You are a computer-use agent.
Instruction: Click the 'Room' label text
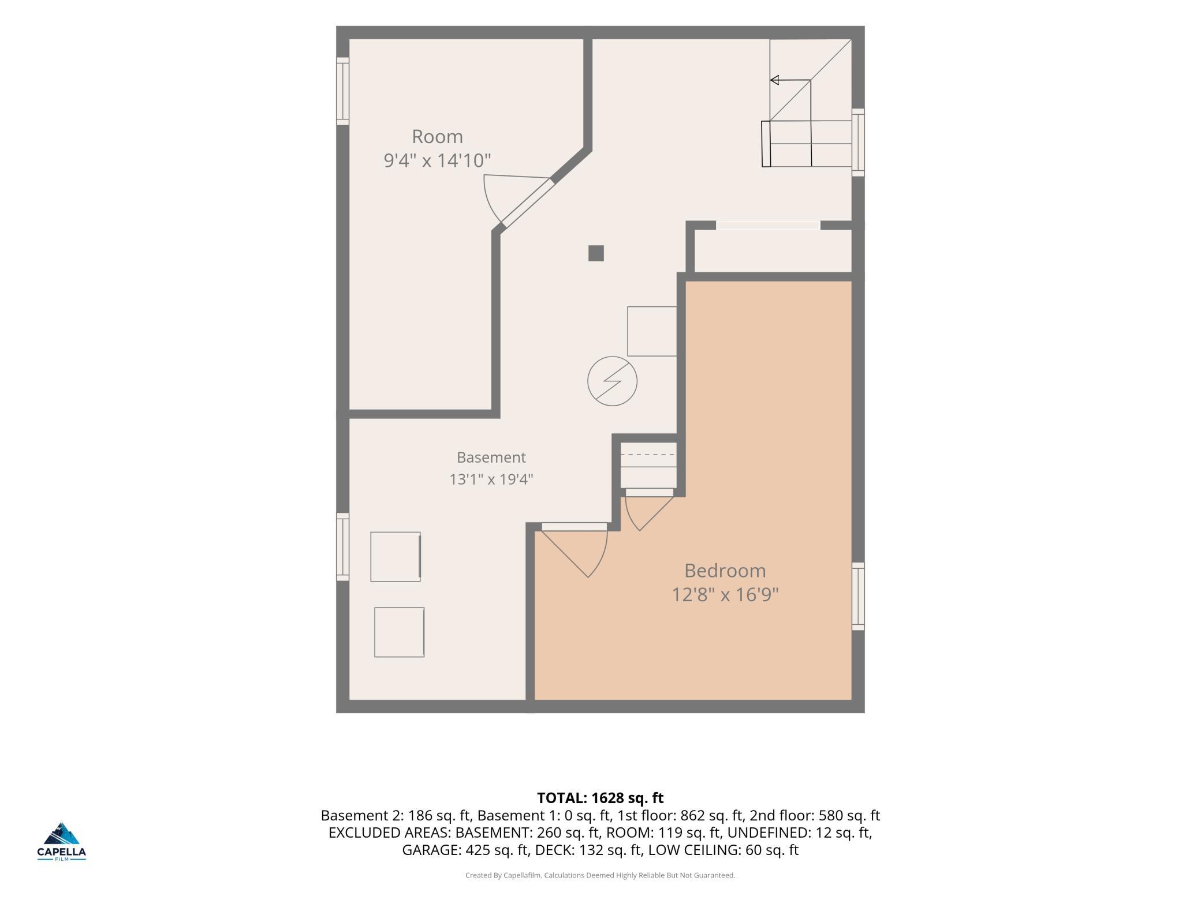pyautogui.click(x=437, y=137)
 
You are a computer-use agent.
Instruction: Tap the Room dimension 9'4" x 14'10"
pyautogui.click(x=437, y=160)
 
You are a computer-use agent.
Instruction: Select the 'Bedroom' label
pyautogui.click(x=725, y=571)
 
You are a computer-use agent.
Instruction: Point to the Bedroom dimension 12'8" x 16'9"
pyautogui.click(x=725, y=594)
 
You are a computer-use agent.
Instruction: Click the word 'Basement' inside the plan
pyautogui.click(x=491, y=457)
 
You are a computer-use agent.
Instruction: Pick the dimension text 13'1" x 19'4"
pyautogui.click(x=491, y=479)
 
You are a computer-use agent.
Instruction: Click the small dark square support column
pyautogui.click(x=596, y=253)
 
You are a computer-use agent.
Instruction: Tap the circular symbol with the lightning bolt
pyautogui.click(x=612, y=381)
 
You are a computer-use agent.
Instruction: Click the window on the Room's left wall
pyautogui.click(x=343, y=91)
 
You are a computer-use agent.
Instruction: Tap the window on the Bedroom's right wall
pyautogui.click(x=858, y=597)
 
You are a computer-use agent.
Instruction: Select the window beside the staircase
pyautogui.click(x=858, y=142)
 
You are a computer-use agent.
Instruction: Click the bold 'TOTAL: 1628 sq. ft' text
pyautogui.click(x=600, y=798)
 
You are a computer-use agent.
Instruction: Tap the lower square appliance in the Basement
pyautogui.click(x=400, y=632)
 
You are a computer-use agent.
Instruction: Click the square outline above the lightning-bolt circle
pyautogui.click(x=652, y=331)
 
